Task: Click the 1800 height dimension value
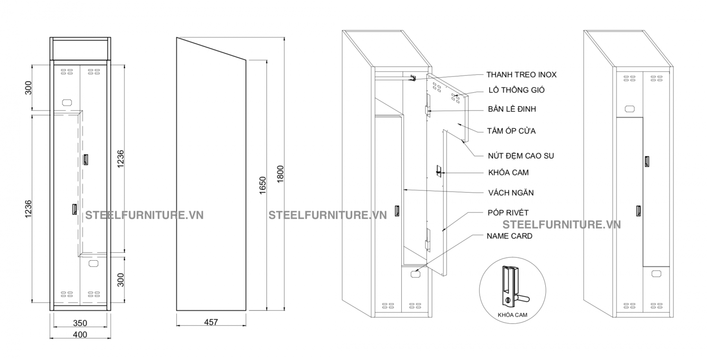[280, 174]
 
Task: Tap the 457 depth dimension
[211, 322]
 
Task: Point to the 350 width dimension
[80, 323]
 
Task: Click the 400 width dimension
[80, 334]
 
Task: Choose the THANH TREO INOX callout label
[521, 75]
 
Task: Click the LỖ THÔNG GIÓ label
[516, 90]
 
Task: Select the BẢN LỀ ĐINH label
[512, 109]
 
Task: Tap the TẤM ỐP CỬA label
[511, 131]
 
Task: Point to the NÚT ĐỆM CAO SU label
[521, 155]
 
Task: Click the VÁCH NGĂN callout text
[511, 193]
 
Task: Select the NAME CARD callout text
[509, 236]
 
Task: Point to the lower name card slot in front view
[93, 264]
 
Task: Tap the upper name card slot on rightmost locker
[629, 109]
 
